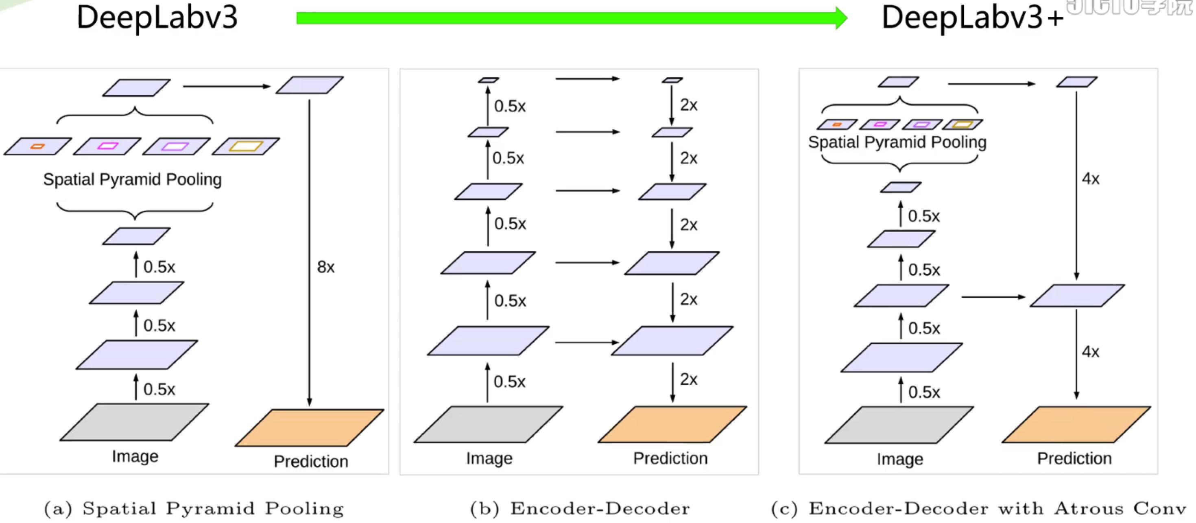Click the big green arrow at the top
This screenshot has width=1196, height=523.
tap(571, 19)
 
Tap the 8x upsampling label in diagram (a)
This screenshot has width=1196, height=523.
tap(325, 267)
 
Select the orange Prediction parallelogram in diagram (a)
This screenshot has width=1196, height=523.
tap(310, 427)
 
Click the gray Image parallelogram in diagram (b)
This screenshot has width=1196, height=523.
tap(489, 424)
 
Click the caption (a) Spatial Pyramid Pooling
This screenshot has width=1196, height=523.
tap(194, 509)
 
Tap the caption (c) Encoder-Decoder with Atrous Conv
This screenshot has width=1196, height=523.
tap(979, 509)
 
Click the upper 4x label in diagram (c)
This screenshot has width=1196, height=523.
tap(1090, 179)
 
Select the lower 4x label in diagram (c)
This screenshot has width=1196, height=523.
tap(1090, 352)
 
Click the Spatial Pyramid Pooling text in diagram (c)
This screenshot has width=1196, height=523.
tap(897, 142)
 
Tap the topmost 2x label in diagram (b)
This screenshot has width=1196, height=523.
tap(689, 105)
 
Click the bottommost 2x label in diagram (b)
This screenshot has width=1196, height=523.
tap(689, 379)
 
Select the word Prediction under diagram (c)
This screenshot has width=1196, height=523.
tap(1074, 458)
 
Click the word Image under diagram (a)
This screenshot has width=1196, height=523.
tap(135, 457)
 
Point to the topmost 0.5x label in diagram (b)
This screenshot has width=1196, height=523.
tap(509, 106)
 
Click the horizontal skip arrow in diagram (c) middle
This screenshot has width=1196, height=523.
tap(993, 296)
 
